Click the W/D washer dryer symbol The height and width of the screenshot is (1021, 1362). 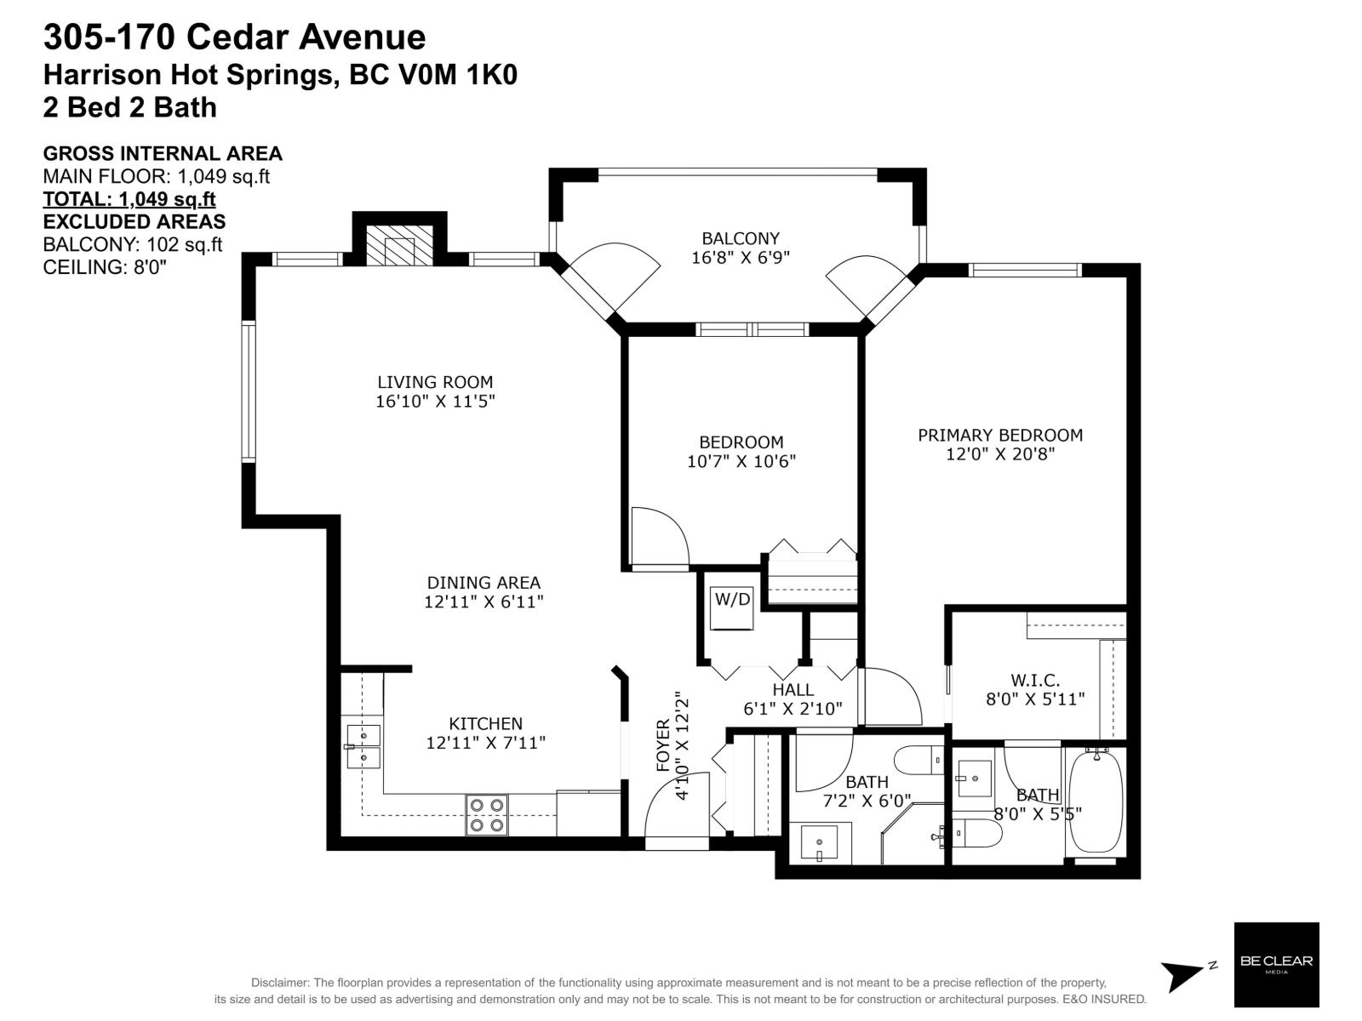pyautogui.click(x=732, y=606)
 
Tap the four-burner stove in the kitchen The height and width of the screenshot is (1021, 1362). pyautogui.click(x=487, y=814)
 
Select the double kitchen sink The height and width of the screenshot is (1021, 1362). pyautogui.click(x=363, y=746)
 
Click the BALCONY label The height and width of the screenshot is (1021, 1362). pyautogui.click(x=740, y=238)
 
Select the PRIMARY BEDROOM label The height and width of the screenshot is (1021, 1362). pyautogui.click(x=1000, y=435)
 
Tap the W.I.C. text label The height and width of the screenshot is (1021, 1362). pyautogui.click(x=1035, y=681)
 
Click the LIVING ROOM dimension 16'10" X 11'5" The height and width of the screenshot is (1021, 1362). pyautogui.click(x=435, y=401)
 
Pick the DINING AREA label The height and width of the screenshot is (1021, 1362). pyautogui.click(x=483, y=583)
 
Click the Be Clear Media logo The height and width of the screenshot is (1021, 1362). pyautogui.click(x=1276, y=964)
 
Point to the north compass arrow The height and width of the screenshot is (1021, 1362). pyautogui.click(x=1185, y=975)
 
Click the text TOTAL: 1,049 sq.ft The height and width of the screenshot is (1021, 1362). pyautogui.click(x=129, y=199)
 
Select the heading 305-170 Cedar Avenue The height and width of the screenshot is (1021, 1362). pyautogui.click(x=234, y=37)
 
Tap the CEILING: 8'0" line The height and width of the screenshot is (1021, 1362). pyautogui.click(x=104, y=266)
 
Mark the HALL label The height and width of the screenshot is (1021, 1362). pyautogui.click(x=793, y=690)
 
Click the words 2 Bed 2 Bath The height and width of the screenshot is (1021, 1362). pyautogui.click(x=129, y=107)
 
